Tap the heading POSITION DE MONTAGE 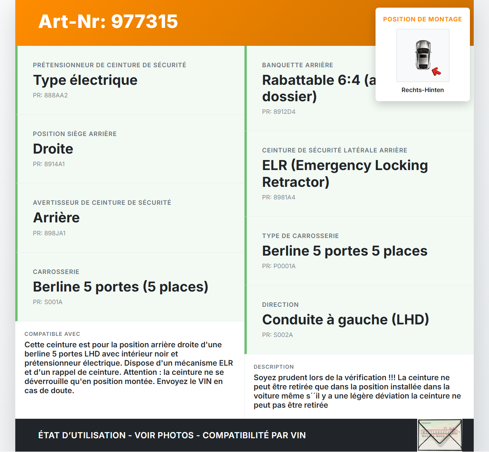click(422, 19)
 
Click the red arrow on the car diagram click(436, 71)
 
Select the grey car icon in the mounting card click(423, 55)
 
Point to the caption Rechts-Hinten click(423, 90)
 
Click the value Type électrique click(85, 80)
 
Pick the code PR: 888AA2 click(50, 95)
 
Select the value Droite click(53, 149)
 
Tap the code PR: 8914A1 click(49, 164)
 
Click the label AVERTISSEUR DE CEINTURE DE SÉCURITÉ click(102, 203)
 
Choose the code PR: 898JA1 click(49, 233)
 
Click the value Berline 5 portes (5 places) click(120, 287)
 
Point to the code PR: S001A click(47, 302)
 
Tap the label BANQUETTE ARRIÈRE click(297, 65)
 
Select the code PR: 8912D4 click(279, 112)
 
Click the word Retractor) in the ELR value click(295, 182)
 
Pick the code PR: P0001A click(279, 266)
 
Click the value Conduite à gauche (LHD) click(345, 319)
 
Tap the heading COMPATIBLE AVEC click(52, 334)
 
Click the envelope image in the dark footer click(440, 435)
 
